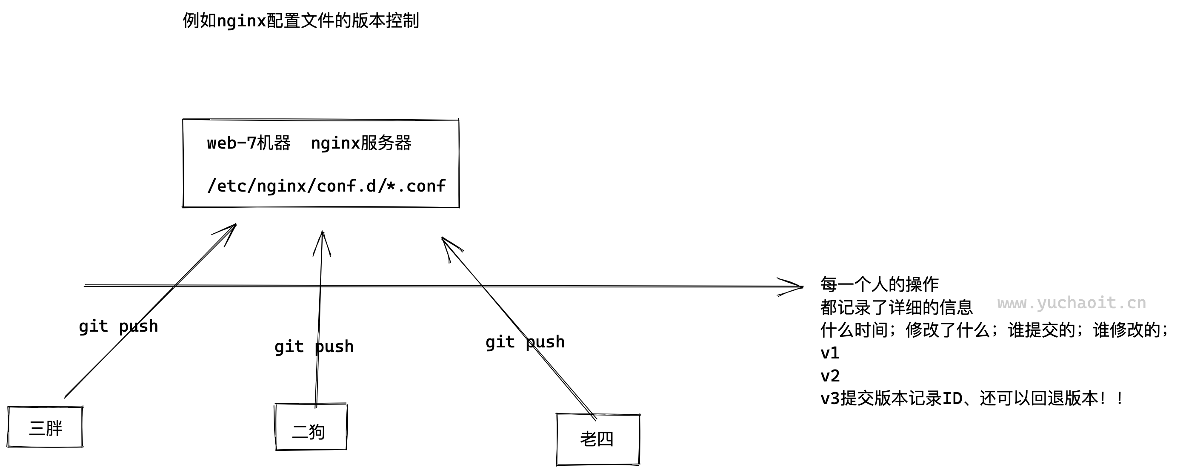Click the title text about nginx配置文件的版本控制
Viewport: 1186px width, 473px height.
point(300,21)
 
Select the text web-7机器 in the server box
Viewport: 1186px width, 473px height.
point(249,143)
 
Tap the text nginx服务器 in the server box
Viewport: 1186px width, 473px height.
point(361,143)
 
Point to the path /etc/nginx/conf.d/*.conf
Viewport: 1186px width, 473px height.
point(326,186)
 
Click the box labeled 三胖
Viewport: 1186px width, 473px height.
point(45,427)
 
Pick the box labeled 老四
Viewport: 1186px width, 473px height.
point(597,439)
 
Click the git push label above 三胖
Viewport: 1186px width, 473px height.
point(118,327)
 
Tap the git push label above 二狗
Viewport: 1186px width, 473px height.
point(314,347)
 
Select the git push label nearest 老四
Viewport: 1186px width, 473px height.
point(525,342)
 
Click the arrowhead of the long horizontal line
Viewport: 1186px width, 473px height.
point(799,287)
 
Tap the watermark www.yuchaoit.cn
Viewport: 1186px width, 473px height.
point(1072,303)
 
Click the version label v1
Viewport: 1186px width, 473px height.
point(830,353)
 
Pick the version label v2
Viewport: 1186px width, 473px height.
point(830,376)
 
